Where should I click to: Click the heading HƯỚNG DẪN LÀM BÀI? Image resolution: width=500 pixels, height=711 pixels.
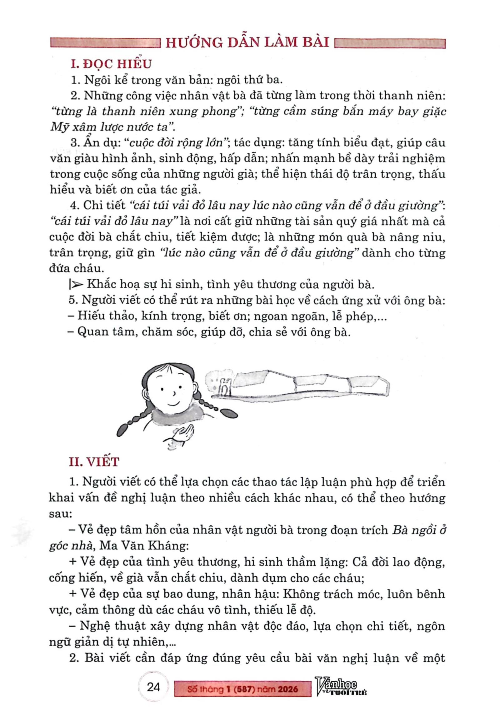[247, 42]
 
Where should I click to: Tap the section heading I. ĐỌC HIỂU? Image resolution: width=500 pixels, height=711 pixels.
[111, 64]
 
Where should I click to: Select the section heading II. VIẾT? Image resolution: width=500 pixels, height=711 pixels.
[94, 462]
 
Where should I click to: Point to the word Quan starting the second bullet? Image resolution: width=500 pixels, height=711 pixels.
[90, 332]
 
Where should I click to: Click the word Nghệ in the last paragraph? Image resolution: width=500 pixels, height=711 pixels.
[95, 626]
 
